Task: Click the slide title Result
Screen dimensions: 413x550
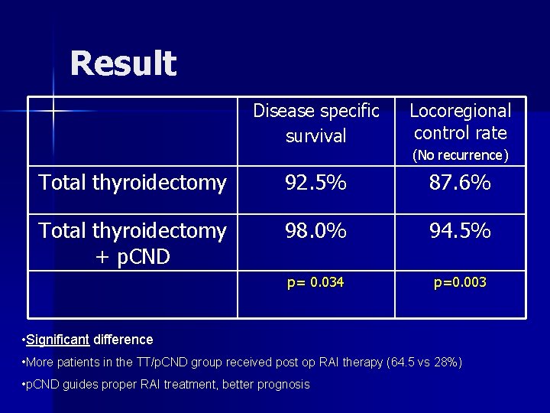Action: click(x=123, y=63)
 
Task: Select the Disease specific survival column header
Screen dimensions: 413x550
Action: click(x=315, y=123)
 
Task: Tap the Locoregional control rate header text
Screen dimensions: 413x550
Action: click(x=460, y=122)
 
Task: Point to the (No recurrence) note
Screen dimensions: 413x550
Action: click(x=460, y=155)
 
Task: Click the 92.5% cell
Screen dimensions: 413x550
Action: click(x=315, y=183)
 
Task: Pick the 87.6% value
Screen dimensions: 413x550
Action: click(x=460, y=183)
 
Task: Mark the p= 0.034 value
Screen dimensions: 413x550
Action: click(x=315, y=282)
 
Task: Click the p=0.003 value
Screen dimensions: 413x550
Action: click(x=460, y=282)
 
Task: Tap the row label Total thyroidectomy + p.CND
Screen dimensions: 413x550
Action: click(x=132, y=242)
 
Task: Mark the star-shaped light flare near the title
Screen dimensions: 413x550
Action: click(x=53, y=112)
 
